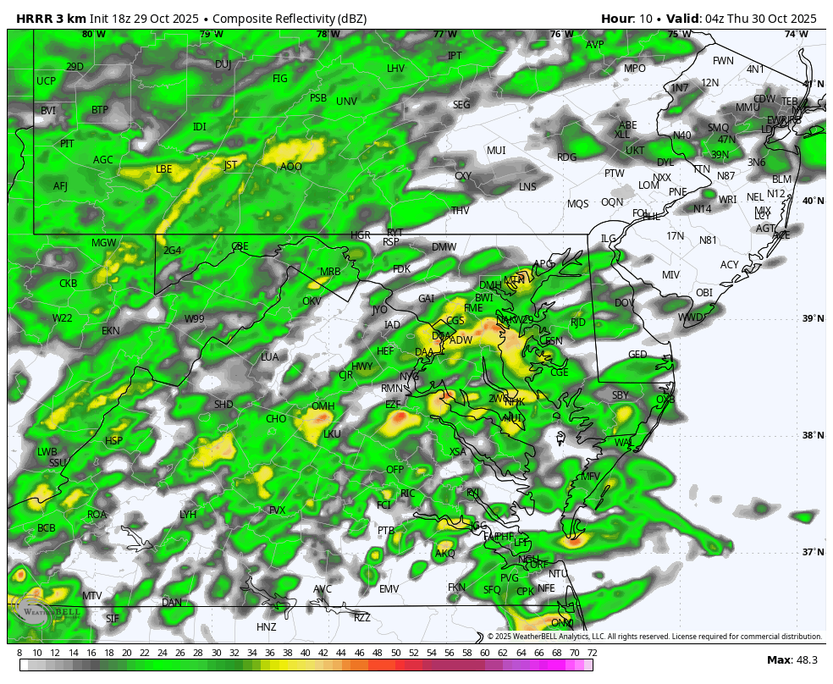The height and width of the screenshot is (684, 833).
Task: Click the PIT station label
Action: [x=67, y=144]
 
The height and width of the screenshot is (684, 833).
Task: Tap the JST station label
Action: [x=230, y=165]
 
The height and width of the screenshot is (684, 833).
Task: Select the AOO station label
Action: [x=290, y=167]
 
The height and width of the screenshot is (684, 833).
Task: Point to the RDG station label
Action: [x=566, y=157]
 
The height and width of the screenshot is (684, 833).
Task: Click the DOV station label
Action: [x=624, y=302]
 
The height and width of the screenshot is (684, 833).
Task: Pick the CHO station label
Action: [x=276, y=419]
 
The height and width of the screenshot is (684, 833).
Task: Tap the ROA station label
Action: [x=97, y=515]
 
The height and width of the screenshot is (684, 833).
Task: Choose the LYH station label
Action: [x=188, y=515]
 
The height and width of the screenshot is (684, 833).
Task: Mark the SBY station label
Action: [x=621, y=395]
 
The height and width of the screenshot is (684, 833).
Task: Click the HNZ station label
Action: [x=267, y=627]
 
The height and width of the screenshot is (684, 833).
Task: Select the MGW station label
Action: [x=103, y=243]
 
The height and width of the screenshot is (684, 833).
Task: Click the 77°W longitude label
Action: [x=444, y=35]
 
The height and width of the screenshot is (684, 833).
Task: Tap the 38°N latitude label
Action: [x=813, y=436]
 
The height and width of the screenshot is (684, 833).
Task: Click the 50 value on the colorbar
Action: [x=395, y=653]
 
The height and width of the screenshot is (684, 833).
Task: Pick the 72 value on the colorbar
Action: [x=592, y=653]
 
